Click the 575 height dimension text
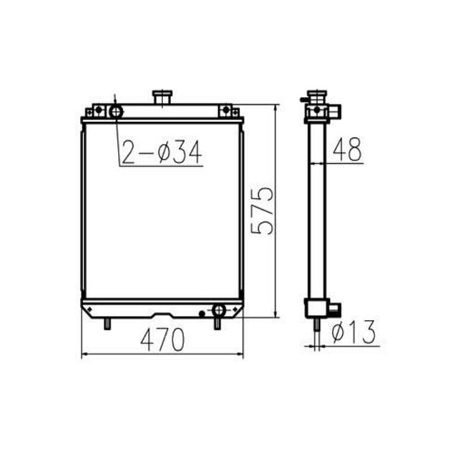[x=263, y=211]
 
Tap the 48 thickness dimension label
[x=347, y=149]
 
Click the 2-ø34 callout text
[x=159, y=152]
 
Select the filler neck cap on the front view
[x=162, y=95]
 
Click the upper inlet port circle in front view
[x=115, y=111]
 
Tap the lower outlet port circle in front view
[x=218, y=310]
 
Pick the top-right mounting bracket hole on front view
[x=226, y=110]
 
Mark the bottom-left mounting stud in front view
[x=108, y=323]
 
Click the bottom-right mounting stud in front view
[x=216, y=323]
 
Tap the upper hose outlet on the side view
[x=335, y=111]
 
